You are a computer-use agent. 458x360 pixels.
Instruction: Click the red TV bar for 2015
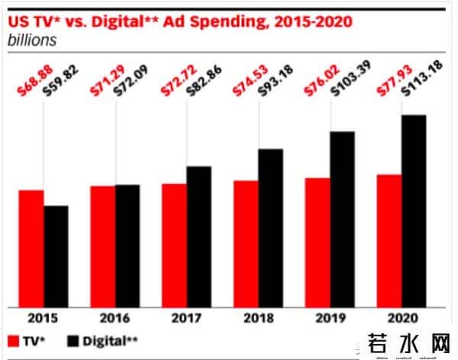[31, 248]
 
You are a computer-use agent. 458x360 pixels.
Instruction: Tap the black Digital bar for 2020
[414, 211]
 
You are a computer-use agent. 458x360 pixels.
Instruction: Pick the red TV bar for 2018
[246, 243]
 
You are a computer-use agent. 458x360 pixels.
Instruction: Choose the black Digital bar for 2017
[198, 236]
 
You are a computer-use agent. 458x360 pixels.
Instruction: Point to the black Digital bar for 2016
[127, 245]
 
